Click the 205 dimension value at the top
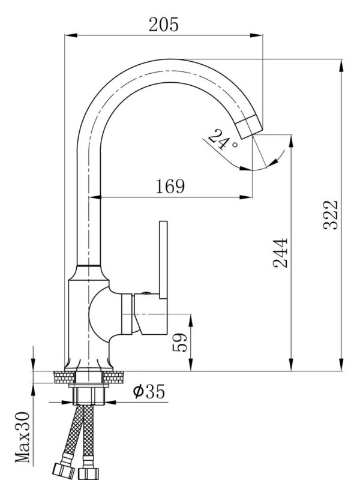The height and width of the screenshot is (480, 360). coord(163,23)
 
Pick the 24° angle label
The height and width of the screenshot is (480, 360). coord(223,140)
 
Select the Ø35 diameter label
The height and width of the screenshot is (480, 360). coord(148,392)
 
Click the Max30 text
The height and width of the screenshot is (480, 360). coord(23,437)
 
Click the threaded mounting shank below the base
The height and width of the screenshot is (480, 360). coord(89,395)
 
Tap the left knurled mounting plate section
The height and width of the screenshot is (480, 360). coord(64,377)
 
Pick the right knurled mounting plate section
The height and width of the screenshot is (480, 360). coord(114,377)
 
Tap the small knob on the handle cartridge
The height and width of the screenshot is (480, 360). coord(145,293)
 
